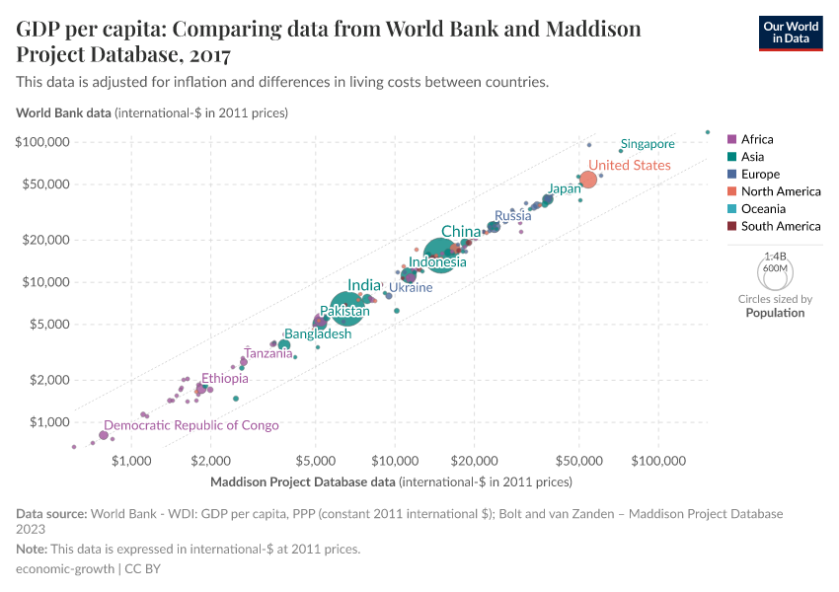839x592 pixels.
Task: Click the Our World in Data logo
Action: point(790,32)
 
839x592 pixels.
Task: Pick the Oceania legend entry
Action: point(763,209)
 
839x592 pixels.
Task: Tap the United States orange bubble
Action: point(587,180)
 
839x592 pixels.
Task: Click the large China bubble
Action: point(440,256)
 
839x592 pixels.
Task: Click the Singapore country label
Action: point(648,144)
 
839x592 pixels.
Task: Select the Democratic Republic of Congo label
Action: point(191,425)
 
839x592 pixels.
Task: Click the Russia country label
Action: point(512,216)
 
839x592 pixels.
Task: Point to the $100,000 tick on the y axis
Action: point(41,142)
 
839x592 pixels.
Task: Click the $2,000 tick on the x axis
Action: point(210,461)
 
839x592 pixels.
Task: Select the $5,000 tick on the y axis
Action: point(48,324)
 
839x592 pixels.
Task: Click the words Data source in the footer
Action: point(51,514)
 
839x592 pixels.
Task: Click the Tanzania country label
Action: point(268,353)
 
